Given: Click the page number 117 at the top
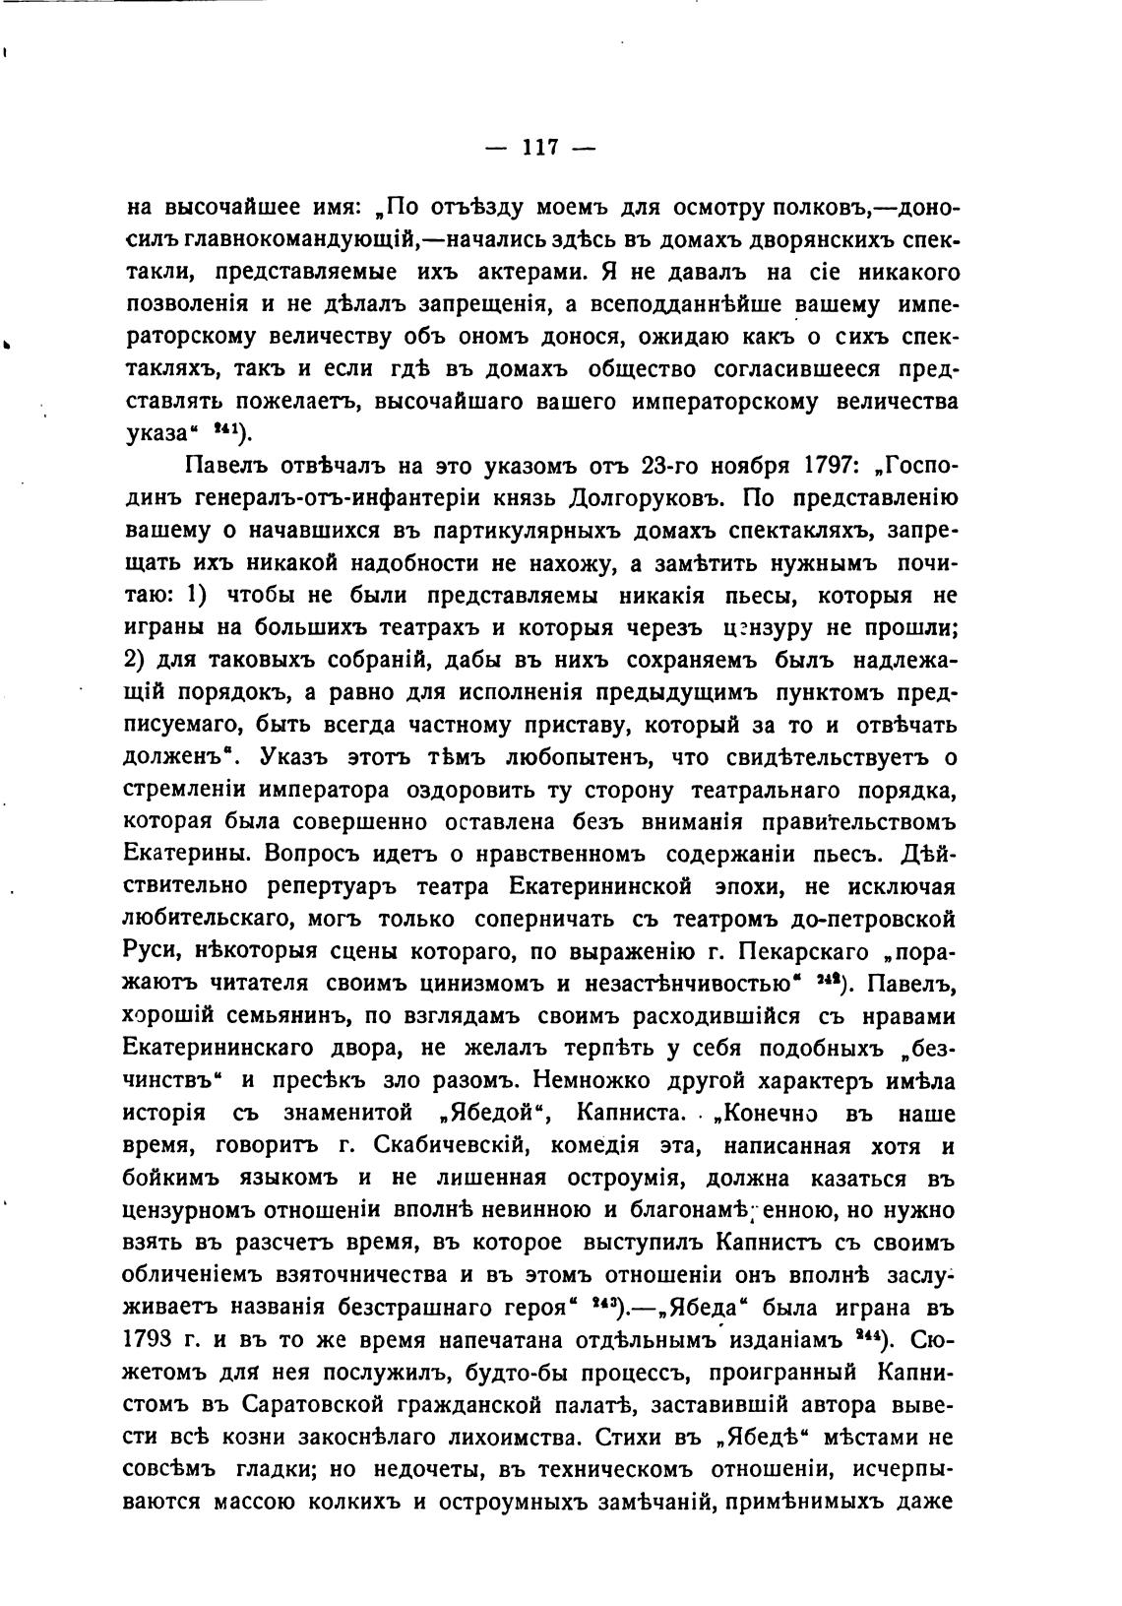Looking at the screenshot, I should [x=540, y=148].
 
